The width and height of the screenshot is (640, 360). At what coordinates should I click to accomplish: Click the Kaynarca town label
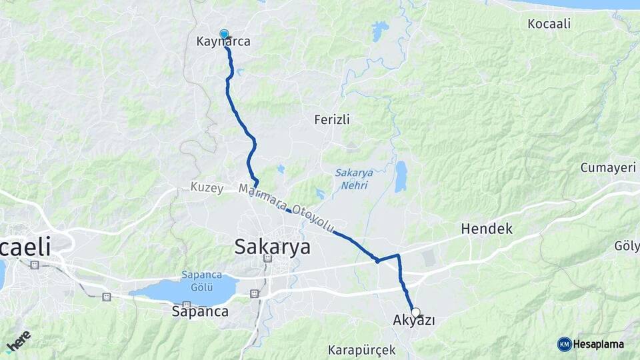click(x=223, y=42)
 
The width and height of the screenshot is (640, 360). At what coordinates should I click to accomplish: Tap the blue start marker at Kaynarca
click(x=224, y=34)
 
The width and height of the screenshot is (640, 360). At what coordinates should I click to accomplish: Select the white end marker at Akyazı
click(x=416, y=312)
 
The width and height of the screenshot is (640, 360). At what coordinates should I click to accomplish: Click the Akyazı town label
click(x=414, y=321)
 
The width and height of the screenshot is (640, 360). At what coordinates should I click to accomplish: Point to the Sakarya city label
click(x=272, y=247)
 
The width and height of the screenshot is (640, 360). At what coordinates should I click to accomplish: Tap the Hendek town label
click(x=487, y=229)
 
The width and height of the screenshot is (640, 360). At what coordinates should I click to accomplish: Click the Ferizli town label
click(x=332, y=119)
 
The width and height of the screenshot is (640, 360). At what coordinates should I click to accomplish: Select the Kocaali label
click(x=549, y=24)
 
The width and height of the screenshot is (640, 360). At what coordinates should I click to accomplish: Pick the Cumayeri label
click(x=608, y=167)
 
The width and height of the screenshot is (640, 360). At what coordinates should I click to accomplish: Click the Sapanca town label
click(x=200, y=311)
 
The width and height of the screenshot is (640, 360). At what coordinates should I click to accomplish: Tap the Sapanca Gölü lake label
click(x=197, y=281)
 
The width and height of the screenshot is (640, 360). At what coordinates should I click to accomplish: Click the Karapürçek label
click(x=361, y=350)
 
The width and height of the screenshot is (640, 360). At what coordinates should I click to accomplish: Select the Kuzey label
click(x=207, y=188)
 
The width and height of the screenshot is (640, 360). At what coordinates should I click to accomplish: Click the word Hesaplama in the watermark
click(x=598, y=345)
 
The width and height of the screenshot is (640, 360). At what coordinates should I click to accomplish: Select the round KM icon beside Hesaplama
click(x=565, y=344)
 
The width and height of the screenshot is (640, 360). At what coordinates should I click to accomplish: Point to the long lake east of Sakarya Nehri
click(x=401, y=176)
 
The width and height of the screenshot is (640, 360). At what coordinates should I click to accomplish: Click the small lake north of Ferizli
click(x=380, y=30)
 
